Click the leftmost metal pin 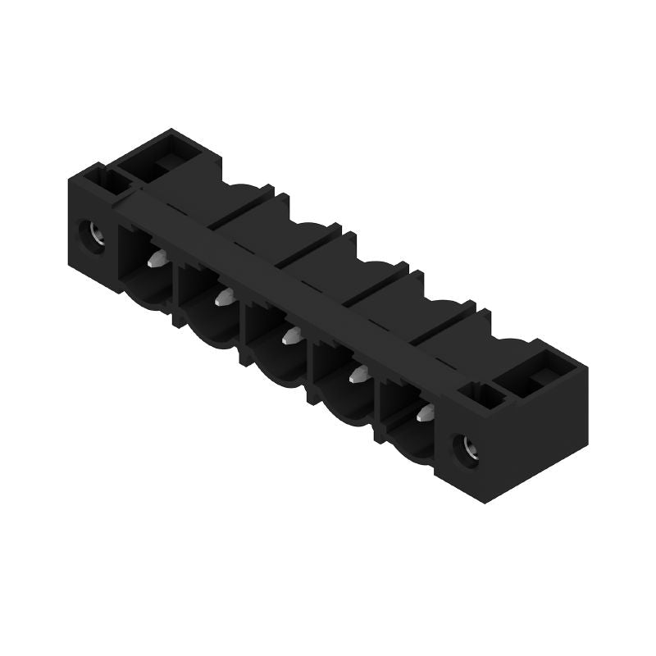point(156,261)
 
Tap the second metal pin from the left point(222,297)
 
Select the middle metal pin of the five point(289,335)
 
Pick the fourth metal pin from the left point(358,373)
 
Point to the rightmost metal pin point(424,412)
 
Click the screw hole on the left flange point(87,236)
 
